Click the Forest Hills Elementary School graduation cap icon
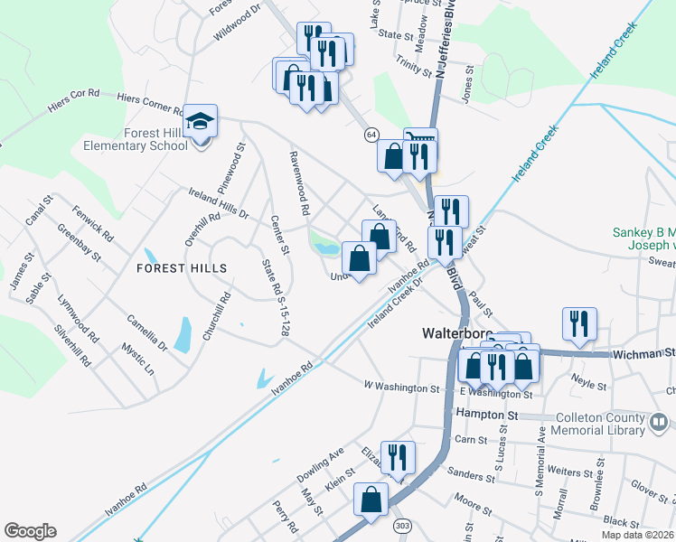[201, 122]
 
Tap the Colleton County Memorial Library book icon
[660, 421]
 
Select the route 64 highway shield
[371, 134]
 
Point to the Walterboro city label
[457, 333]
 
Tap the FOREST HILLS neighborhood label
[182, 267]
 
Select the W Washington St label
[401, 388]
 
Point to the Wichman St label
[643, 354]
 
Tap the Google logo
[30, 531]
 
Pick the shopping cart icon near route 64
[420, 140]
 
